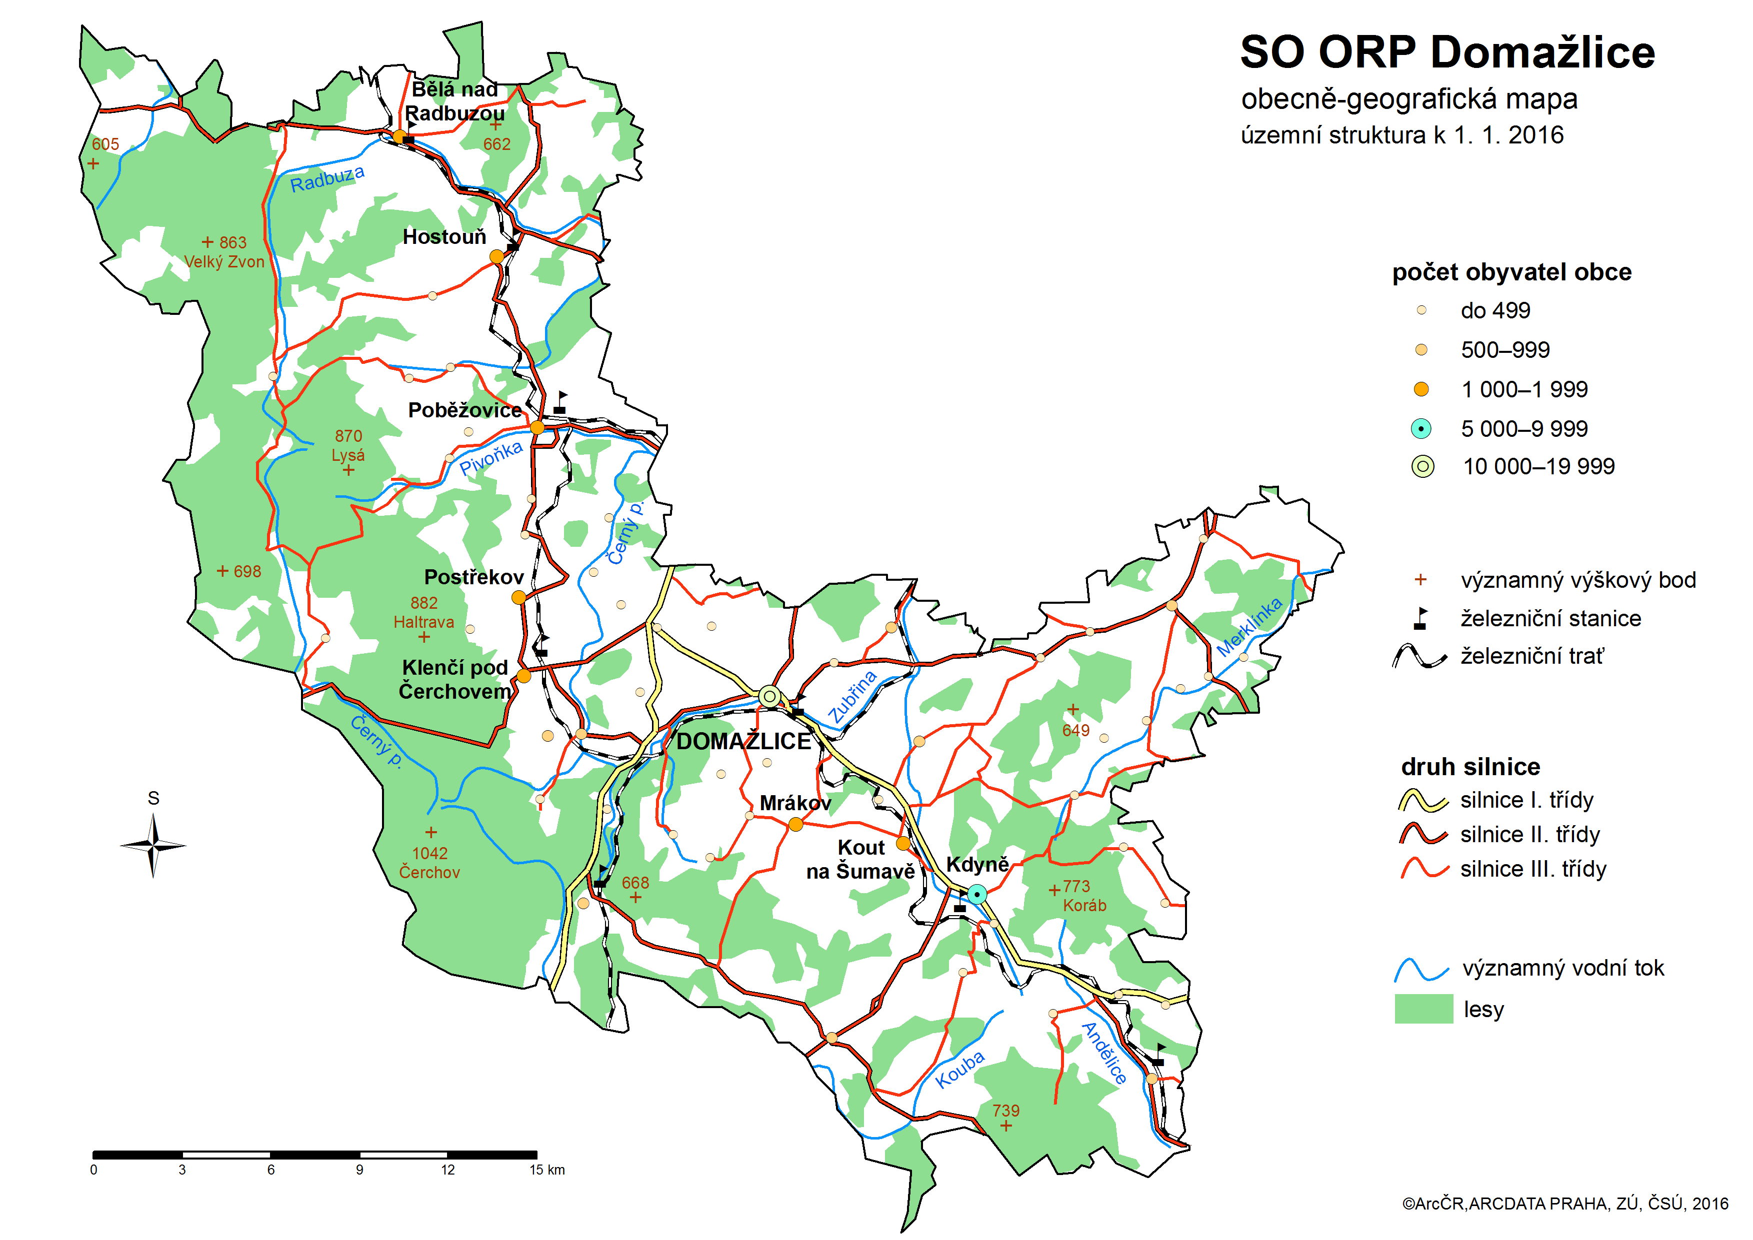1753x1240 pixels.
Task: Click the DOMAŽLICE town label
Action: (x=743, y=741)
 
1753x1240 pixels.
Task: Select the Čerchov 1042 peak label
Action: (x=429, y=863)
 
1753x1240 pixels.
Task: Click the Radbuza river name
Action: (x=327, y=178)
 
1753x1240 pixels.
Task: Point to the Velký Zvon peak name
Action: (x=224, y=262)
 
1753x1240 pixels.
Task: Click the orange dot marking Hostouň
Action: (x=496, y=256)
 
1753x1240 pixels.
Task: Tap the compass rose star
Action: (x=153, y=845)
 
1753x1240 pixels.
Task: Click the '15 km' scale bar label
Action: (x=547, y=1170)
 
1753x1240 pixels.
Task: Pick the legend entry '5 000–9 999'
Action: (x=1524, y=428)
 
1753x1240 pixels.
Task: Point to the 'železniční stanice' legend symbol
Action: (x=1420, y=618)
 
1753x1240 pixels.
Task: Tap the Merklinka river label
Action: (x=1249, y=627)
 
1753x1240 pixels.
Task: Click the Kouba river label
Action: (x=960, y=1069)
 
